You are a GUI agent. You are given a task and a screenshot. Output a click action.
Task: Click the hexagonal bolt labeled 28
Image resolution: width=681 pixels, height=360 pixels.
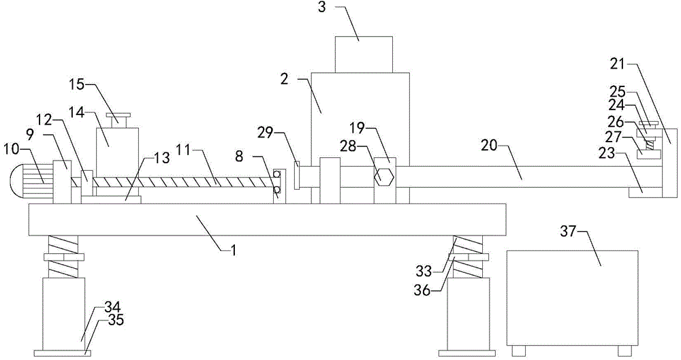tap(384, 177)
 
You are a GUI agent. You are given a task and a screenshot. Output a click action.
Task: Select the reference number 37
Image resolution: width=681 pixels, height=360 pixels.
tap(568, 232)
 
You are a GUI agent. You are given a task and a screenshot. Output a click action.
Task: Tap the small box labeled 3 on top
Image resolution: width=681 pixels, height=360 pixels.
tap(364, 54)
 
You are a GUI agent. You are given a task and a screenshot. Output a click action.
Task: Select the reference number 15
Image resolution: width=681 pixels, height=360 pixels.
tap(77, 84)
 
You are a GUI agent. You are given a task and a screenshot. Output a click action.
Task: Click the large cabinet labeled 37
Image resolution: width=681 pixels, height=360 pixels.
tap(572, 298)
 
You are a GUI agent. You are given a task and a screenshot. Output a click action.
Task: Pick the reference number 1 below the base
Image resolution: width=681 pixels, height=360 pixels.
tap(233, 250)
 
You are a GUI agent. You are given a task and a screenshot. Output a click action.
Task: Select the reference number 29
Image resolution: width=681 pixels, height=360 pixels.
tap(265, 133)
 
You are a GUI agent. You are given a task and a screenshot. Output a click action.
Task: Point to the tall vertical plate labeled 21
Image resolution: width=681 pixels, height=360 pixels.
tap(669, 163)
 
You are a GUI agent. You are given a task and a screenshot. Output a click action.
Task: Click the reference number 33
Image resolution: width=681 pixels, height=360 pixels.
tap(424, 272)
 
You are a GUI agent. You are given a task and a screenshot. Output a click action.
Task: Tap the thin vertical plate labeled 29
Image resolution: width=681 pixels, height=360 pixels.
tap(297, 175)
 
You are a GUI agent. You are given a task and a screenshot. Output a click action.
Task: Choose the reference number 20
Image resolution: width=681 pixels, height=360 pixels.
tap(490, 145)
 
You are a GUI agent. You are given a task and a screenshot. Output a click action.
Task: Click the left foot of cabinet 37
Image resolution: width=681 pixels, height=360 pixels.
tap(518, 350)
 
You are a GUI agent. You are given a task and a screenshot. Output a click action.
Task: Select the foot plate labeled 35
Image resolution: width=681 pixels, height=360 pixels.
tap(63, 353)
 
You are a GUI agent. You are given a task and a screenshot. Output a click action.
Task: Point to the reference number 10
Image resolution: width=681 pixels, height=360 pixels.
tap(12, 150)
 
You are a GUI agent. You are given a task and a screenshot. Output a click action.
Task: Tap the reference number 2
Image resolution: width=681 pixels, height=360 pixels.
tap(284, 80)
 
